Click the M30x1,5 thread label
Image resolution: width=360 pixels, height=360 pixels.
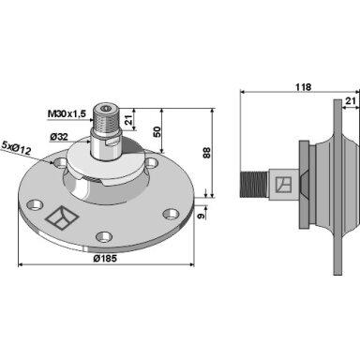point(67,114)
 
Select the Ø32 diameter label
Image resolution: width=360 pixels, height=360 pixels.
point(59,137)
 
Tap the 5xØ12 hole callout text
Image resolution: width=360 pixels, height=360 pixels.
point(16,148)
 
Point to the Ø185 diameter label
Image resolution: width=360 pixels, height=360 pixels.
point(105,259)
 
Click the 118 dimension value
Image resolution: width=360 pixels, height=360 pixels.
point(304,87)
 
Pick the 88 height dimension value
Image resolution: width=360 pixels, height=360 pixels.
point(207,153)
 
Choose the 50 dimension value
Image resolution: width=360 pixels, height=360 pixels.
point(157,131)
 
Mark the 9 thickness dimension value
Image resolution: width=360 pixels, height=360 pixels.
point(202,216)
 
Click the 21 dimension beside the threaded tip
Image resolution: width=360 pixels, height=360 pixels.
point(128,120)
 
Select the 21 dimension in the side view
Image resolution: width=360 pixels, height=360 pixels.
point(351,100)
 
